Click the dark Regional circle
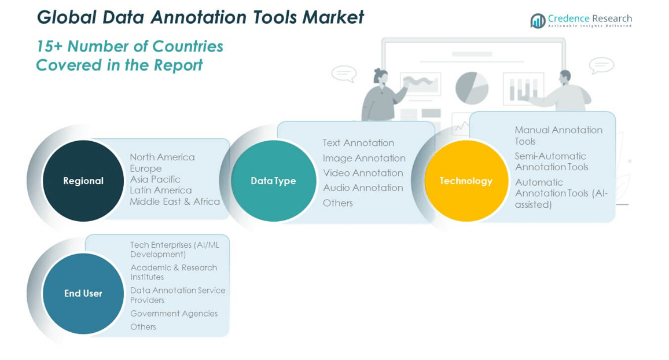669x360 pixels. [83, 181]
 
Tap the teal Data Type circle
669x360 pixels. [274, 181]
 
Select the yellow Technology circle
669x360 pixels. [466, 181]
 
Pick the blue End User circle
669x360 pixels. [83, 293]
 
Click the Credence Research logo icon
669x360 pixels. [538, 20]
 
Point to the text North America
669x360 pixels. [162, 157]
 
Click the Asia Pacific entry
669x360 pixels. [155, 179]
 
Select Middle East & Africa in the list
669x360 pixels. [175, 201]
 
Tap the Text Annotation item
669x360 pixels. [358, 143]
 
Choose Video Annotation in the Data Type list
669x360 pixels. [363, 172]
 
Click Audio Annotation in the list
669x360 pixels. [363, 188]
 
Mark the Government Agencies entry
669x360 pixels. [174, 314]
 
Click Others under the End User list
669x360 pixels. [144, 327]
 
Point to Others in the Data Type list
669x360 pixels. [338, 203]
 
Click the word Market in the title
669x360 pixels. [333, 17]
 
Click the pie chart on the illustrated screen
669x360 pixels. [472, 89]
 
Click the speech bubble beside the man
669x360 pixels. [602, 65]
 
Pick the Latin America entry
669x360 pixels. [161, 190]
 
